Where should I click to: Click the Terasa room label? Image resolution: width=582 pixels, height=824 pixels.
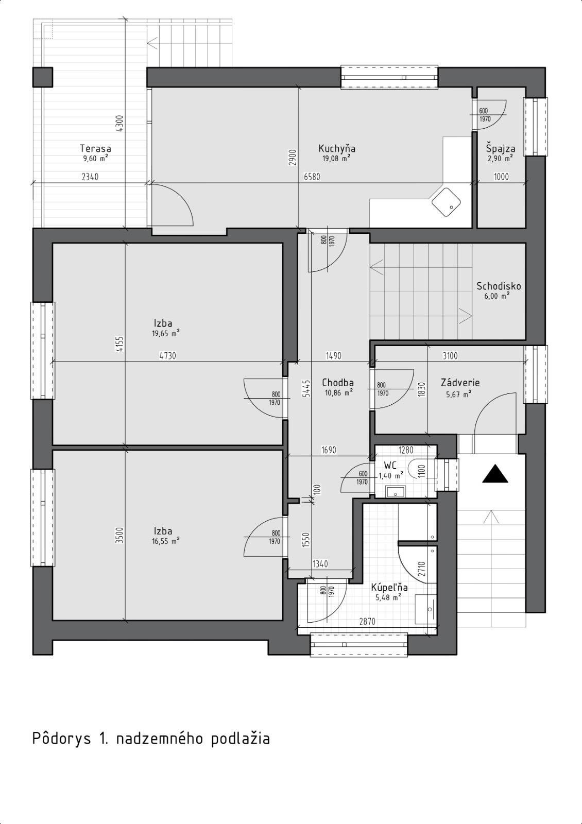tap(95, 149)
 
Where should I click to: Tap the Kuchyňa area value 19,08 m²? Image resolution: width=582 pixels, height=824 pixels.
tap(336, 159)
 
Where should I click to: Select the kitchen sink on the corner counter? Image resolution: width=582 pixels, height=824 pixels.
tap(446, 202)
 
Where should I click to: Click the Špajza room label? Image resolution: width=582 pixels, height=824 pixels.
tap(501, 149)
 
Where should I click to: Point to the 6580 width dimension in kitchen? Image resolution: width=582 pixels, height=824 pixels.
tap(312, 177)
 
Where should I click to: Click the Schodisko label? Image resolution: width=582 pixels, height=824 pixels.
tap(499, 286)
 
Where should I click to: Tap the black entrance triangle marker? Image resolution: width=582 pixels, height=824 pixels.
tap(495, 474)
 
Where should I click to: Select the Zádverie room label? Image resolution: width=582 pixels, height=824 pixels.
tap(460, 383)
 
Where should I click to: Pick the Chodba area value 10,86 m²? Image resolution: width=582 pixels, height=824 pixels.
tap(338, 392)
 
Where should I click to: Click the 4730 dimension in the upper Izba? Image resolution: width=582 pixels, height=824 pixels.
tap(167, 356)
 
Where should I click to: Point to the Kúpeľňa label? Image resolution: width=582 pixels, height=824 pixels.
tap(389, 588)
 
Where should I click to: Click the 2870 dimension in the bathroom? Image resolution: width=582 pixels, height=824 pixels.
tap(367, 622)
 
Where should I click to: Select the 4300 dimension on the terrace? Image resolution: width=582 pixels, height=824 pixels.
tap(119, 124)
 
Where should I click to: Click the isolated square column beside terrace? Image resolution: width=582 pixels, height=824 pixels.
tap(43, 77)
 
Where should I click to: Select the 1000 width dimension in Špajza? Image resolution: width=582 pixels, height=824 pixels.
tap(501, 177)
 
